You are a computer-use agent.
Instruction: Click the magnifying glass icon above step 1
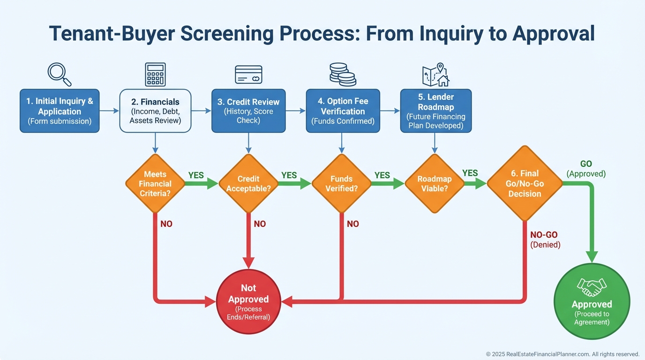(60, 75)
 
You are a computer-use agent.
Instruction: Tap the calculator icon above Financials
(155, 75)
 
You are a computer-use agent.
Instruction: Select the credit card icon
(248, 75)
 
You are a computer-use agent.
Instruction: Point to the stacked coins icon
(342, 75)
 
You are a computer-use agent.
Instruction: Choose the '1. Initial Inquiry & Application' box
(60, 111)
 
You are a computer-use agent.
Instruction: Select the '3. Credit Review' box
(248, 111)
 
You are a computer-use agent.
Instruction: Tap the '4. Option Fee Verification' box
(343, 111)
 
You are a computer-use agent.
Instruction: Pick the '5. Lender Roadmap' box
(436, 111)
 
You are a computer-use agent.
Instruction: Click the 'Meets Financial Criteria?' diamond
(155, 184)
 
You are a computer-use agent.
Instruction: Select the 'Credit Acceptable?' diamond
(248, 184)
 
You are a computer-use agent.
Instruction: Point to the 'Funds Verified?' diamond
(342, 184)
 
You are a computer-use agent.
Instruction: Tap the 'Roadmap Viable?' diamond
(434, 184)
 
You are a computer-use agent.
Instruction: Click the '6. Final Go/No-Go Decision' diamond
(525, 184)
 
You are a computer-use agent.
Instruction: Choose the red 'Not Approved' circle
(248, 301)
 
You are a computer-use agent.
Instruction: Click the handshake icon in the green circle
(592, 286)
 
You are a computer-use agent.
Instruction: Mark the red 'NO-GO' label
(544, 235)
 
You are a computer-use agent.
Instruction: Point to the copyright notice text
(562, 354)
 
